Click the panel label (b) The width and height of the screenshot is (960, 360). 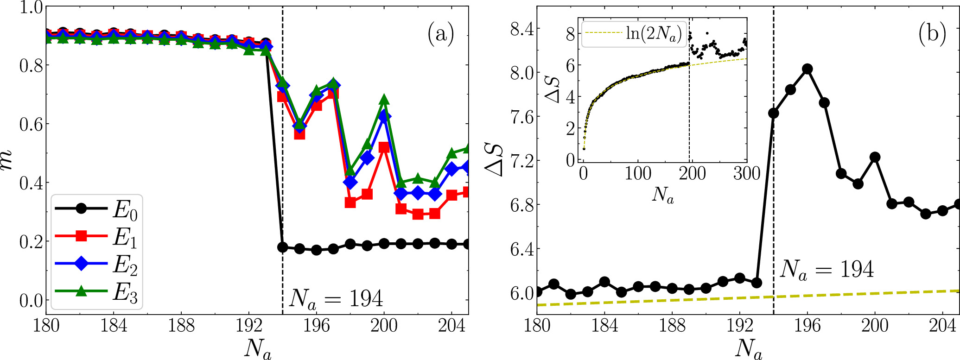(932, 34)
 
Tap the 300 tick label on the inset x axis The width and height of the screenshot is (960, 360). (747, 173)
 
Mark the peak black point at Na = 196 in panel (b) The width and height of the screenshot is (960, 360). (807, 69)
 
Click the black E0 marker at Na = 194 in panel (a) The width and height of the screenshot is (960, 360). (282, 247)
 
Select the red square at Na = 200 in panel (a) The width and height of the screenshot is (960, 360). (384, 148)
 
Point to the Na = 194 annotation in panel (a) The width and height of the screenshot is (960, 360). (336, 299)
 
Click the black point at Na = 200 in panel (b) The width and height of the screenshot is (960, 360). (875, 158)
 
